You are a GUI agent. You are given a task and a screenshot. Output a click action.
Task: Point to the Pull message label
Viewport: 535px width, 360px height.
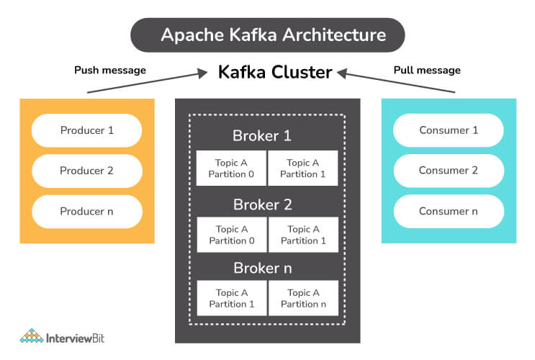click(427, 71)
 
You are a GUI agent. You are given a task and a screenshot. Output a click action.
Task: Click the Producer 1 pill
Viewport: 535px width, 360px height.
click(87, 130)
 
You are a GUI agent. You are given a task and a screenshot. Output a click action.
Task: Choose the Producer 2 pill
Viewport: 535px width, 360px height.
click(87, 171)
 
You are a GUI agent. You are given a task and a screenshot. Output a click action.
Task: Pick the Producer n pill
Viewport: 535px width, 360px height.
click(87, 211)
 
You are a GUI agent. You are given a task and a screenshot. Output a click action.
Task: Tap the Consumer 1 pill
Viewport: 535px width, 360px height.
click(449, 130)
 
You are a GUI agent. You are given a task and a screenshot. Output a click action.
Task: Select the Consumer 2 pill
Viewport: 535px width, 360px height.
click(449, 171)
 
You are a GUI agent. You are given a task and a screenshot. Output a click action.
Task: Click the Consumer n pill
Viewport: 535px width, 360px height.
click(449, 211)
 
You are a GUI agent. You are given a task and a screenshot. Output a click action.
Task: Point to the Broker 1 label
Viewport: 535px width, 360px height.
click(262, 135)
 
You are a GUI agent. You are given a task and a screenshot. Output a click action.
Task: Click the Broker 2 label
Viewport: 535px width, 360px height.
click(262, 204)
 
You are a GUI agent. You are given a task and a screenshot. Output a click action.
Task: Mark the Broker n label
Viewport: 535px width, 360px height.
click(262, 268)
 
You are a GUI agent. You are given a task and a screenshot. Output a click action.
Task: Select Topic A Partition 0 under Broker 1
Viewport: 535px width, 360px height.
click(231, 168)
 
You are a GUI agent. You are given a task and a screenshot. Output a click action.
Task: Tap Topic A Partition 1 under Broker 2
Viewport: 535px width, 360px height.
click(303, 235)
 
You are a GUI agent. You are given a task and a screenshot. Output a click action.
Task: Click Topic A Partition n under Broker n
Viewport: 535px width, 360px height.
click(303, 298)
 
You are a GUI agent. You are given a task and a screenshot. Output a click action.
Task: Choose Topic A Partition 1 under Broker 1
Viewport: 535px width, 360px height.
click(303, 168)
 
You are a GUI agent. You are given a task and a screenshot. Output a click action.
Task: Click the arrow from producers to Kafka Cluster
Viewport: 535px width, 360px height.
click(144, 81)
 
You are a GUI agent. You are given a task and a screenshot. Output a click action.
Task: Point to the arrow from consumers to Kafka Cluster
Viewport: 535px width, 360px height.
click(396, 81)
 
